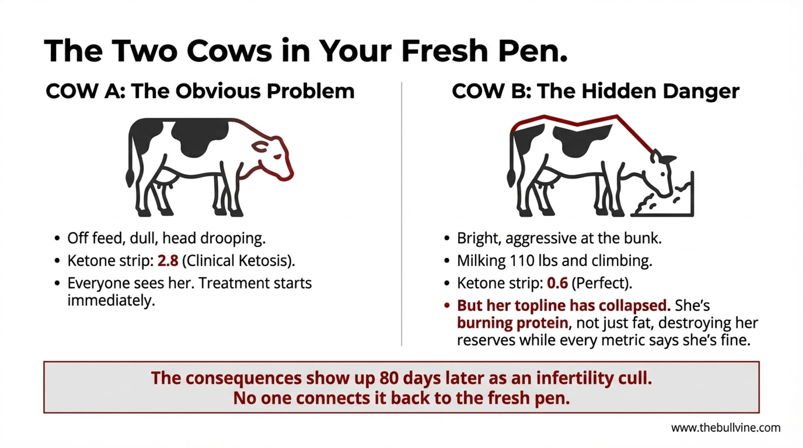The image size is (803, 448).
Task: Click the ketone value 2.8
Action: point(168,261)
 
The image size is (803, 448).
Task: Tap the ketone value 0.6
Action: point(557,283)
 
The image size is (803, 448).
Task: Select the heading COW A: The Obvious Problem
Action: point(200,91)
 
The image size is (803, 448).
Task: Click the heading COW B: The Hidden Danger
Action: point(595,91)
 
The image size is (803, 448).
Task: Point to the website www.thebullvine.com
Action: point(726,428)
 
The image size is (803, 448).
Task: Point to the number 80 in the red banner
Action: point(389,378)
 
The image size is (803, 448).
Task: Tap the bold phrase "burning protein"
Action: point(512,323)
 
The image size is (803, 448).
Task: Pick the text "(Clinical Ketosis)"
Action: point(238,261)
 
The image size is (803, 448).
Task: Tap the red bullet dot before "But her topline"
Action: point(447,306)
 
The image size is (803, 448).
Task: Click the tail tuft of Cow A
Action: point(130,177)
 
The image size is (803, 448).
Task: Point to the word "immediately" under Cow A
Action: point(111,301)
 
